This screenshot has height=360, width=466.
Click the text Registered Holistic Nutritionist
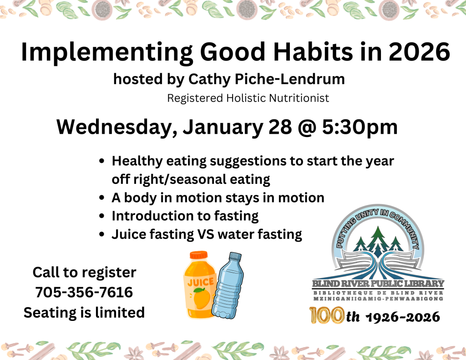coord(248,98)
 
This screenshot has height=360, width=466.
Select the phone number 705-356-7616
coord(84,292)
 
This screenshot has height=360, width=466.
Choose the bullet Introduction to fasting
coord(185,216)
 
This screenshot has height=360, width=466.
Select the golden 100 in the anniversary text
coord(326,315)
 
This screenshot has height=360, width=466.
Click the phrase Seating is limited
coord(84,312)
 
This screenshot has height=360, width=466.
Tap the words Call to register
coord(84,272)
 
